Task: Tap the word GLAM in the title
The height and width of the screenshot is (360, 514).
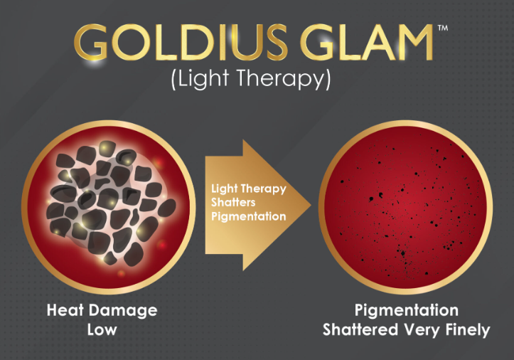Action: click(x=367, y=42)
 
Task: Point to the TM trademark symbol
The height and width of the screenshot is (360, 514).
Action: click(x=443, y=28)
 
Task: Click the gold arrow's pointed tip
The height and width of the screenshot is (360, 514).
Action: click(x=311, y=205)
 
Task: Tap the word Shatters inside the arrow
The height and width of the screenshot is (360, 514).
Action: click(x=233, y=202)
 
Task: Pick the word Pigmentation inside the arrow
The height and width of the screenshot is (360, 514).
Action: click(x=249, y=216)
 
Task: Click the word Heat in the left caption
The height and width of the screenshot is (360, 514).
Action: click(x=65, y=310)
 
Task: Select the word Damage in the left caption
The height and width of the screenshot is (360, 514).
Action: click(x=123, y=311)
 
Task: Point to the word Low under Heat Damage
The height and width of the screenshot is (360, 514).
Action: click(x=102, y=330)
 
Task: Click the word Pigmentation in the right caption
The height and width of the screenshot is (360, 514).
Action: click(x=407, y=311)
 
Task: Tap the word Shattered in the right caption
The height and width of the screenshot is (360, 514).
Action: click(x=360, y=330)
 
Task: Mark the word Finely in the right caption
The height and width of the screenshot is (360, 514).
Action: click(x=468, y=330)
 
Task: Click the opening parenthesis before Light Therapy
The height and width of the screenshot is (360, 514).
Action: click(x=174, y=79)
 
